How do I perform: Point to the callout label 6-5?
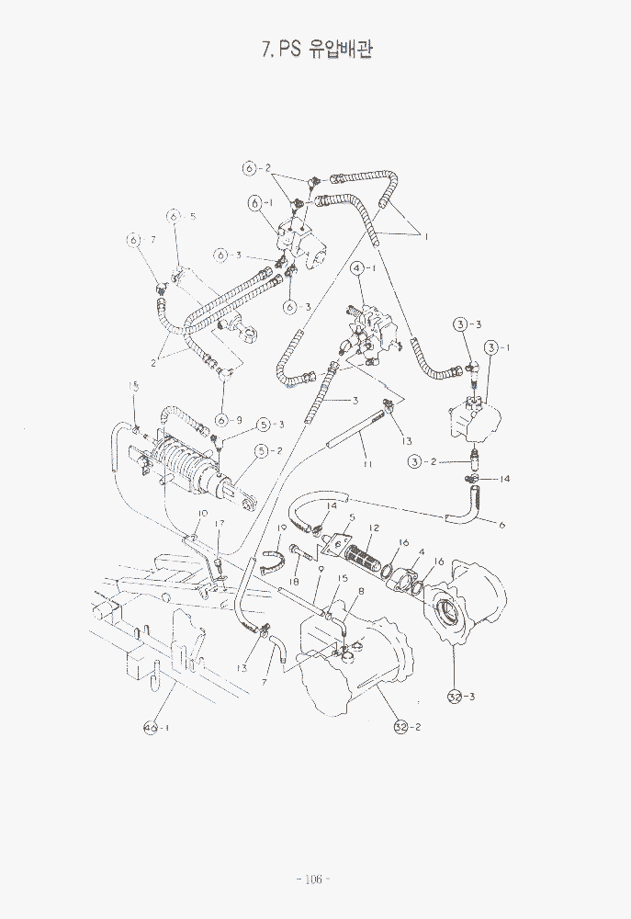pyautogui.click(x=182, y=216)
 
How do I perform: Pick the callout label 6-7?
pyautogui.click(x=141, y=240)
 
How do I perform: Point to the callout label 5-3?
pyautogui.click(x=270, y=425)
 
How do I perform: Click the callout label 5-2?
pyautogui.click(x=269, y=450)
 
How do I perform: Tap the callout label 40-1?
pyautogui.click(x=157, y=728)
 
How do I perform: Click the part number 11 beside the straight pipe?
pyautogui.click(x=366, y=464)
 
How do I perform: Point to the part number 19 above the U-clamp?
pyautogui.click(x=283, y=528)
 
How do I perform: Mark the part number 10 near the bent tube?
pyautogui.click(x=203, y=514)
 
